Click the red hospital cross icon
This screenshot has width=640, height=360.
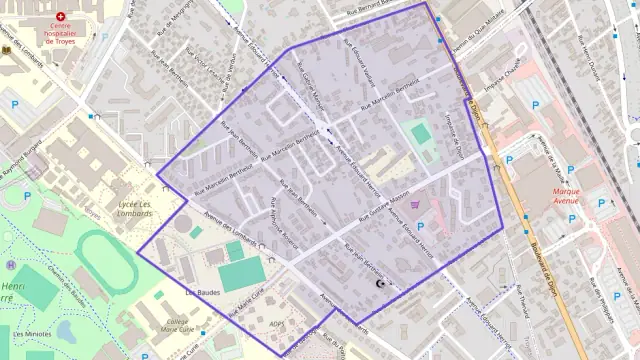click(60, 17)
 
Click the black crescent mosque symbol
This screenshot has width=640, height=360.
click(380, 284)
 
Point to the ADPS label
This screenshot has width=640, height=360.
click(278, 324)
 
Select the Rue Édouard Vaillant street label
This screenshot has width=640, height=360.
click(357, 63)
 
